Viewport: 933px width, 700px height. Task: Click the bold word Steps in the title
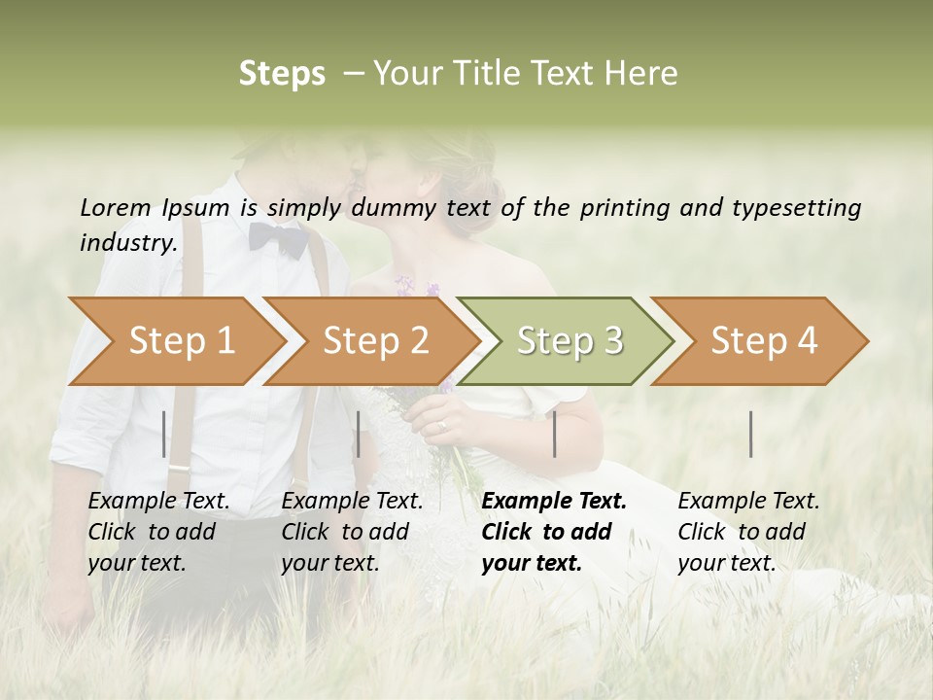coord(282,74)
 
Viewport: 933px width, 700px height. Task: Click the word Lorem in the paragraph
coord(115,207)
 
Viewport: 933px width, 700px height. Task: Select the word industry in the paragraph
coord(127,243)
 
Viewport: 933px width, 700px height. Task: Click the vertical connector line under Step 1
coord(164,434)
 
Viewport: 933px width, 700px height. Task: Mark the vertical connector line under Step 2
coord(359,434)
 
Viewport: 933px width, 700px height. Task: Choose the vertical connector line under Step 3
coord(554,434)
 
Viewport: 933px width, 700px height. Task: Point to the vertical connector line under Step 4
coord(751,434)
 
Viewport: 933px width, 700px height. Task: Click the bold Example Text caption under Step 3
coord(554,532)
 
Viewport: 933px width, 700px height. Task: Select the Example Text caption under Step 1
coord(158,532)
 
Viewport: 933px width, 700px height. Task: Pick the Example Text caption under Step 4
coord(748,532)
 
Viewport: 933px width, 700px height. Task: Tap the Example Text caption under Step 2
coord(352,532)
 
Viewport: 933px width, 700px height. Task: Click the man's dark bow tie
coord(278,239)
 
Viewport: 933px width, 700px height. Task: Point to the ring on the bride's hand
coord(443,425)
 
